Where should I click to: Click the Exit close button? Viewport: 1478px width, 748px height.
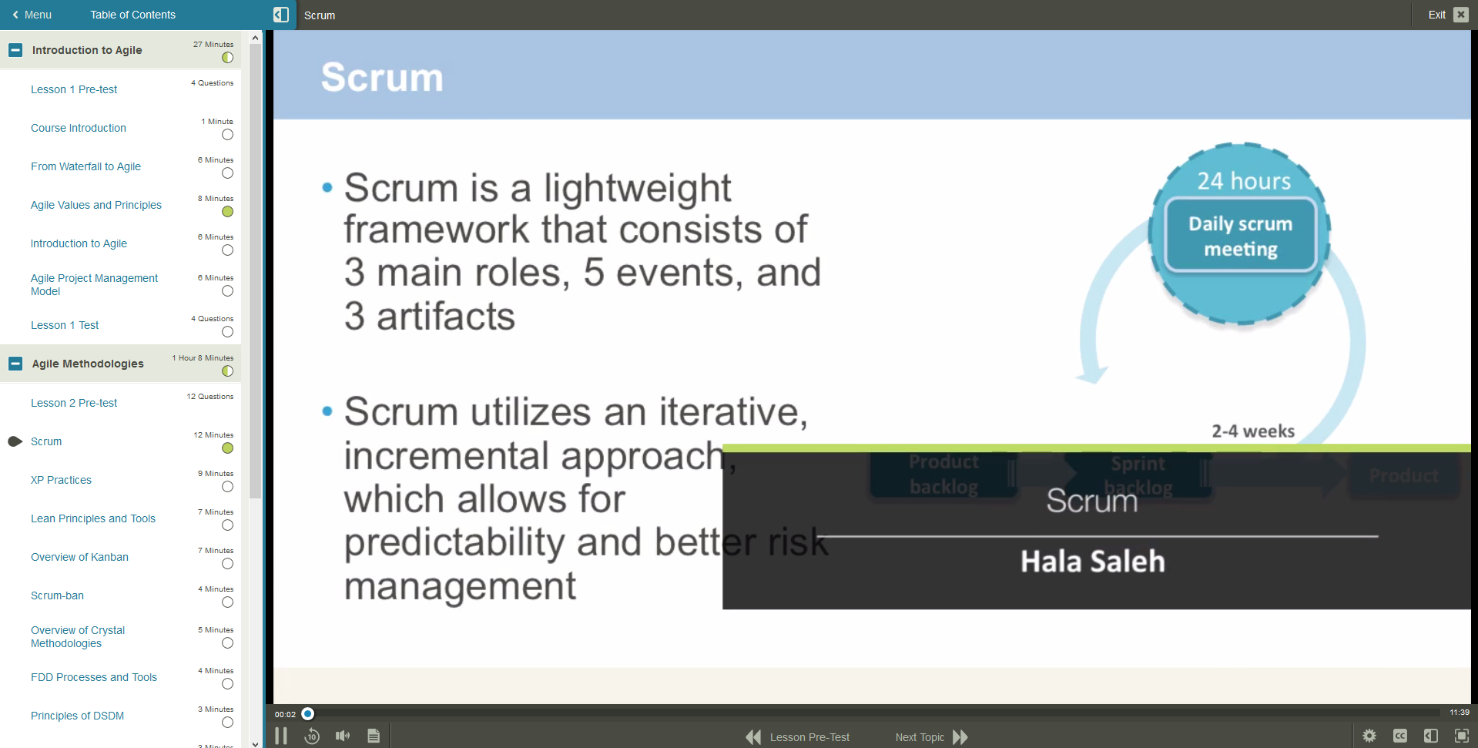tap(1460, 15)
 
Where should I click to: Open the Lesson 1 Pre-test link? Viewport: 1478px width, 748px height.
tap(74, 89)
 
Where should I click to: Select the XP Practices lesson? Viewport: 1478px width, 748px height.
tap(61, 480)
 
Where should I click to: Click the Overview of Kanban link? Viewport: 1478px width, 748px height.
tap(79, 557)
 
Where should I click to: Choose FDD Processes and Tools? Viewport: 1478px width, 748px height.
tap(94, 677)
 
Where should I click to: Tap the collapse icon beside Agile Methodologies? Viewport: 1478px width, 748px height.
tap(15, 364)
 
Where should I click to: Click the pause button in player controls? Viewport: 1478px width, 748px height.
tap(281, 736)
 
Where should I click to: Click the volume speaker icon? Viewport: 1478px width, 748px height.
tap(343, 736)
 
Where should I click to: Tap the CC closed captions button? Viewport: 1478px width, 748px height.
tap(1399, 736)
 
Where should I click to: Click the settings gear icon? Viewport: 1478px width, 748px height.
tap(1369, 736)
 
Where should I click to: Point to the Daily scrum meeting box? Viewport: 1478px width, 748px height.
tap(1240, 236)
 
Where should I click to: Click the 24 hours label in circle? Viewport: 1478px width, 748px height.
tap(1243, 181)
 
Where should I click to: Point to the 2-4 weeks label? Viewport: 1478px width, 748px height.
tap(1252, 431)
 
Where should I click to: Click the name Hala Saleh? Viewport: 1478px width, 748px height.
tap(1092, 562)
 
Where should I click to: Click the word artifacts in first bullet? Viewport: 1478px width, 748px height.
tap(445, 317)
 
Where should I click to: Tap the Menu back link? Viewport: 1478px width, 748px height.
tap(32, 15)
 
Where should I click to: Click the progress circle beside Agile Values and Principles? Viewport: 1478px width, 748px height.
tap(227, 212)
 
